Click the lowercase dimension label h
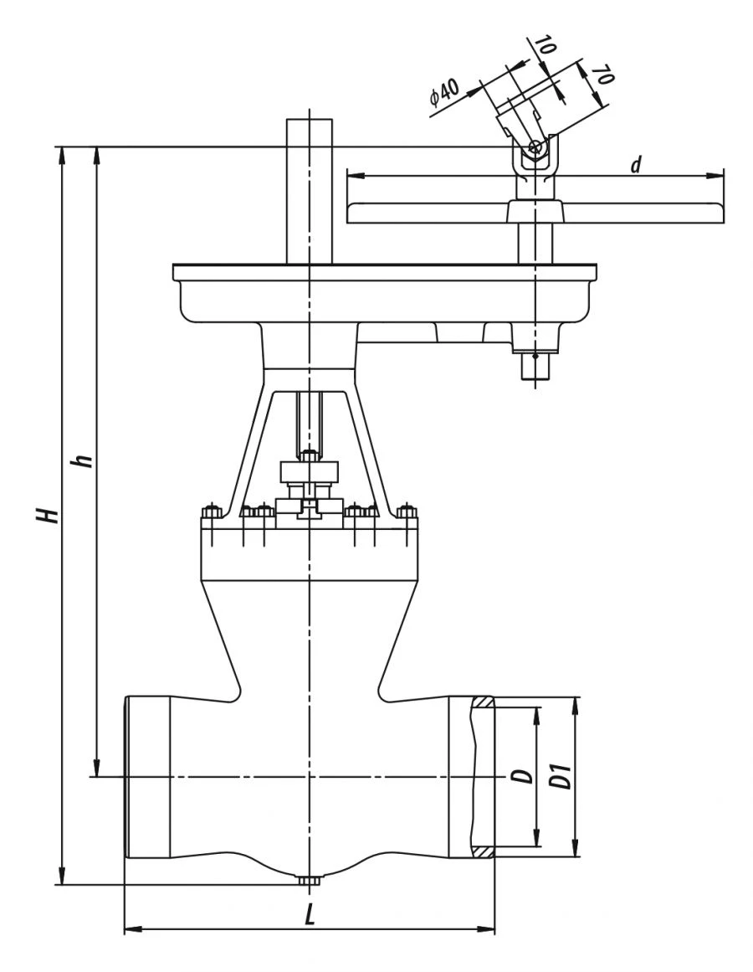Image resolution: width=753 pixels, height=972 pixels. [x=84, y=461]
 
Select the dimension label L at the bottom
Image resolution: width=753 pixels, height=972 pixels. [x=310, y=916]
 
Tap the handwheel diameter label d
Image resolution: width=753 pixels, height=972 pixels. [x=636, y=165]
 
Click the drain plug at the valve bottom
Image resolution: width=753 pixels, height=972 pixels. [x=310, y=881]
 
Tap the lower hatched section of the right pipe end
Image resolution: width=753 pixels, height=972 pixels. [x=482, y=851]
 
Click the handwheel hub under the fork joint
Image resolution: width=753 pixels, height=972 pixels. [x=535, y=211]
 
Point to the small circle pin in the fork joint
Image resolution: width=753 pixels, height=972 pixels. [x=535, y=148]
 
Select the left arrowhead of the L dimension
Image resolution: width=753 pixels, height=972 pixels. [x=130, y=928]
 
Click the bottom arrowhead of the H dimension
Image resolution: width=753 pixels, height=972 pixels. [x=61, y=878]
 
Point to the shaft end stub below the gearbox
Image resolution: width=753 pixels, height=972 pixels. [x=535, y=367]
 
